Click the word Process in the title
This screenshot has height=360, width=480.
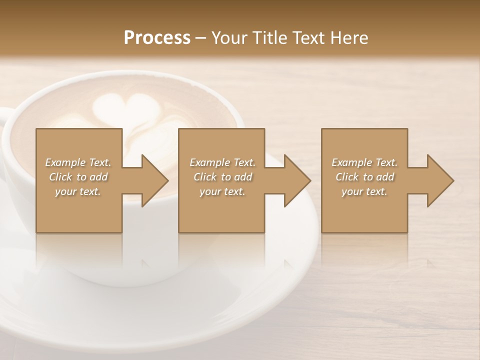[x=157, y=38]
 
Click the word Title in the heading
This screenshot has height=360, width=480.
[x=269, y=38]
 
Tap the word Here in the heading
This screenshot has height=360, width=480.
[x=348, y=38]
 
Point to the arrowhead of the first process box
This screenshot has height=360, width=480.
[x=154, y=180]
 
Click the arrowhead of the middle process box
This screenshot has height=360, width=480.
[x=296, y=180]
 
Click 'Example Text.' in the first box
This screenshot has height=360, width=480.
[x=78, y=162]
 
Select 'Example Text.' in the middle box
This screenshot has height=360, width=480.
[x=222, y=162]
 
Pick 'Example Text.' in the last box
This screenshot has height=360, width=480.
[x=364, y=162]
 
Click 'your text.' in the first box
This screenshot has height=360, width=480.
[x=78, y=191]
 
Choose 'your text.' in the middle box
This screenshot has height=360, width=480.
[x=222, y=191]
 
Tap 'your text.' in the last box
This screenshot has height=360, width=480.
[x=364, y=191]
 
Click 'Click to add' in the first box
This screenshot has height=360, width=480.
[x=78, y=177]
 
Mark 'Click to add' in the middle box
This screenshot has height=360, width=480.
[x=222, y=177]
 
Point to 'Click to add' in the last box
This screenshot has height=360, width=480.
[x=364, y=177]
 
